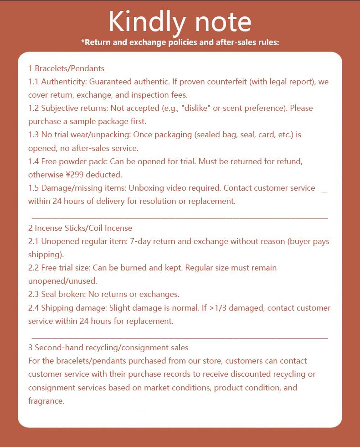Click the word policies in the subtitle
click(176, 43)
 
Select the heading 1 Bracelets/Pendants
click(66, 68)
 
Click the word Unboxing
click(145, 188)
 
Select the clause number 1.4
click(34, 161)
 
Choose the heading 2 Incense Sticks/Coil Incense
click(80, 228)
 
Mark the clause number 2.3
click(34, 294)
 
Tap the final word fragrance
click(46, 401)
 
